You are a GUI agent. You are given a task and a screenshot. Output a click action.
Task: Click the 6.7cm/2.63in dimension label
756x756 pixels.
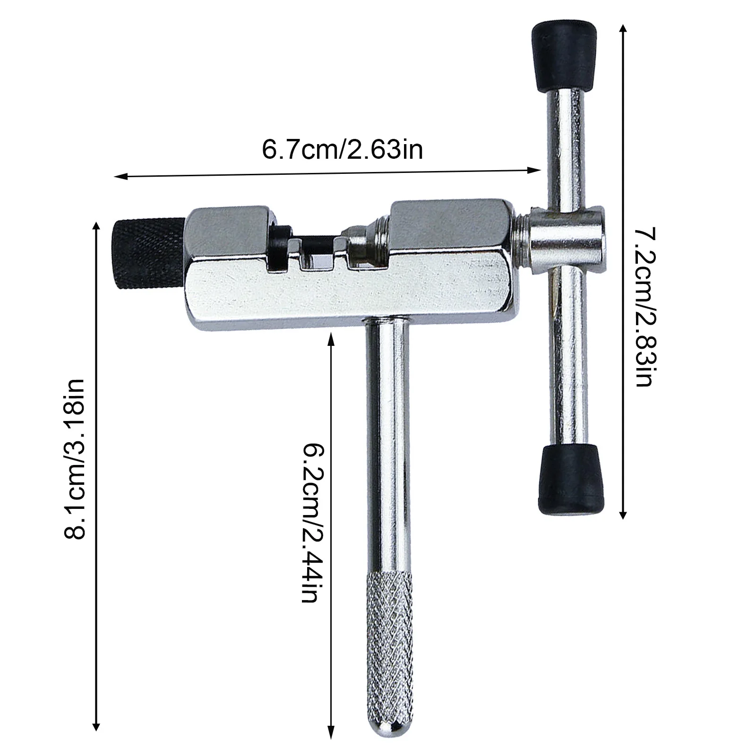[x=342, y=149]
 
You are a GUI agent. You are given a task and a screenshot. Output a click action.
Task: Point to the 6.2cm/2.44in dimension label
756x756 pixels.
[x=312, y=523]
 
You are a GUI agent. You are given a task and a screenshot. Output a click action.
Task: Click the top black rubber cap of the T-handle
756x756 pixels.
[x=561, y=54]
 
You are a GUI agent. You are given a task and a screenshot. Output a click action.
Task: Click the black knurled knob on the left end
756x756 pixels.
[x=148, y=254]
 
